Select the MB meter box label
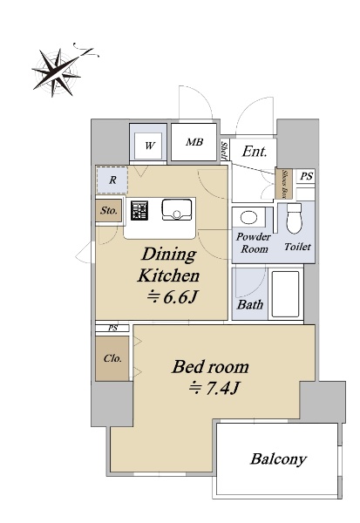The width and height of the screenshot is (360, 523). (194, 142)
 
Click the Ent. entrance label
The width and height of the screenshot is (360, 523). (255, 152)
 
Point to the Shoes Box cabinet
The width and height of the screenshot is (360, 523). (284, 184)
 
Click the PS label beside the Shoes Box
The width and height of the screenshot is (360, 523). (306, 176)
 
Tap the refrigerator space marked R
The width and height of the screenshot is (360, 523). (112, 180)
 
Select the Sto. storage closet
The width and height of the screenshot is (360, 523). (108, 210)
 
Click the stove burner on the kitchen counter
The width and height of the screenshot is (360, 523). (139, 210)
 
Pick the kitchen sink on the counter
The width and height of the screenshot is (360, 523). (177, 210)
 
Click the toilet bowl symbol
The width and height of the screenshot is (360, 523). (294, 219)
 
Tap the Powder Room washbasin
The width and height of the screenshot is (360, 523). (248, 218)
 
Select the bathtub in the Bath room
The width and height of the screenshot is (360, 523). (285, 294)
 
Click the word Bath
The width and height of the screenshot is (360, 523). (250, 304)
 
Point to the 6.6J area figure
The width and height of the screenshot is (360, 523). (173, 296)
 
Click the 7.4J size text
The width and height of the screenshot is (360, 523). (214, 388)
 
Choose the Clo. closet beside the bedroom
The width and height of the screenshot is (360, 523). (112, 358)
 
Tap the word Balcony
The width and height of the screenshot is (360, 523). (278, 459)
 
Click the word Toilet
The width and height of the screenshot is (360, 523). (297, 247)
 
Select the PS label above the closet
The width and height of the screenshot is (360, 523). (112, 329)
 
